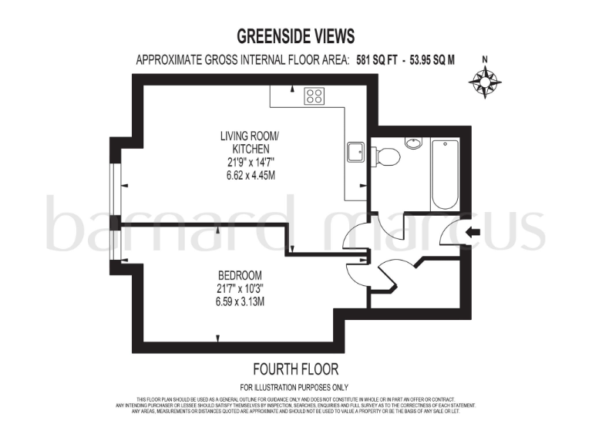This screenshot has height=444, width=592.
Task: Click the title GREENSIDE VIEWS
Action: click(296, 36)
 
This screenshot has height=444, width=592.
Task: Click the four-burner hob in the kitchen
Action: click(314, 96)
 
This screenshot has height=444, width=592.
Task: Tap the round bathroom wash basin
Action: click(414, 143)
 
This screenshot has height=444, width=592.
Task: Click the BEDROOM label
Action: click(240, 276)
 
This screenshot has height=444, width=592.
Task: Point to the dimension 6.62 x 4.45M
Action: click(246, 176)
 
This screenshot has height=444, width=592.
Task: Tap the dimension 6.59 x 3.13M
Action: click(240, 302)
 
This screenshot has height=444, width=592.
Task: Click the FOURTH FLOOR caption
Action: click(296, 369)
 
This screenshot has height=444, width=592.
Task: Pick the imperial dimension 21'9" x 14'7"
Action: click(246, 163)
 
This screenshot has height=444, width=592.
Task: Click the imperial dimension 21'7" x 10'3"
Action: click(240, 289)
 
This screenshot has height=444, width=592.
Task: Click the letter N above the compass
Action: click(485, 59)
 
